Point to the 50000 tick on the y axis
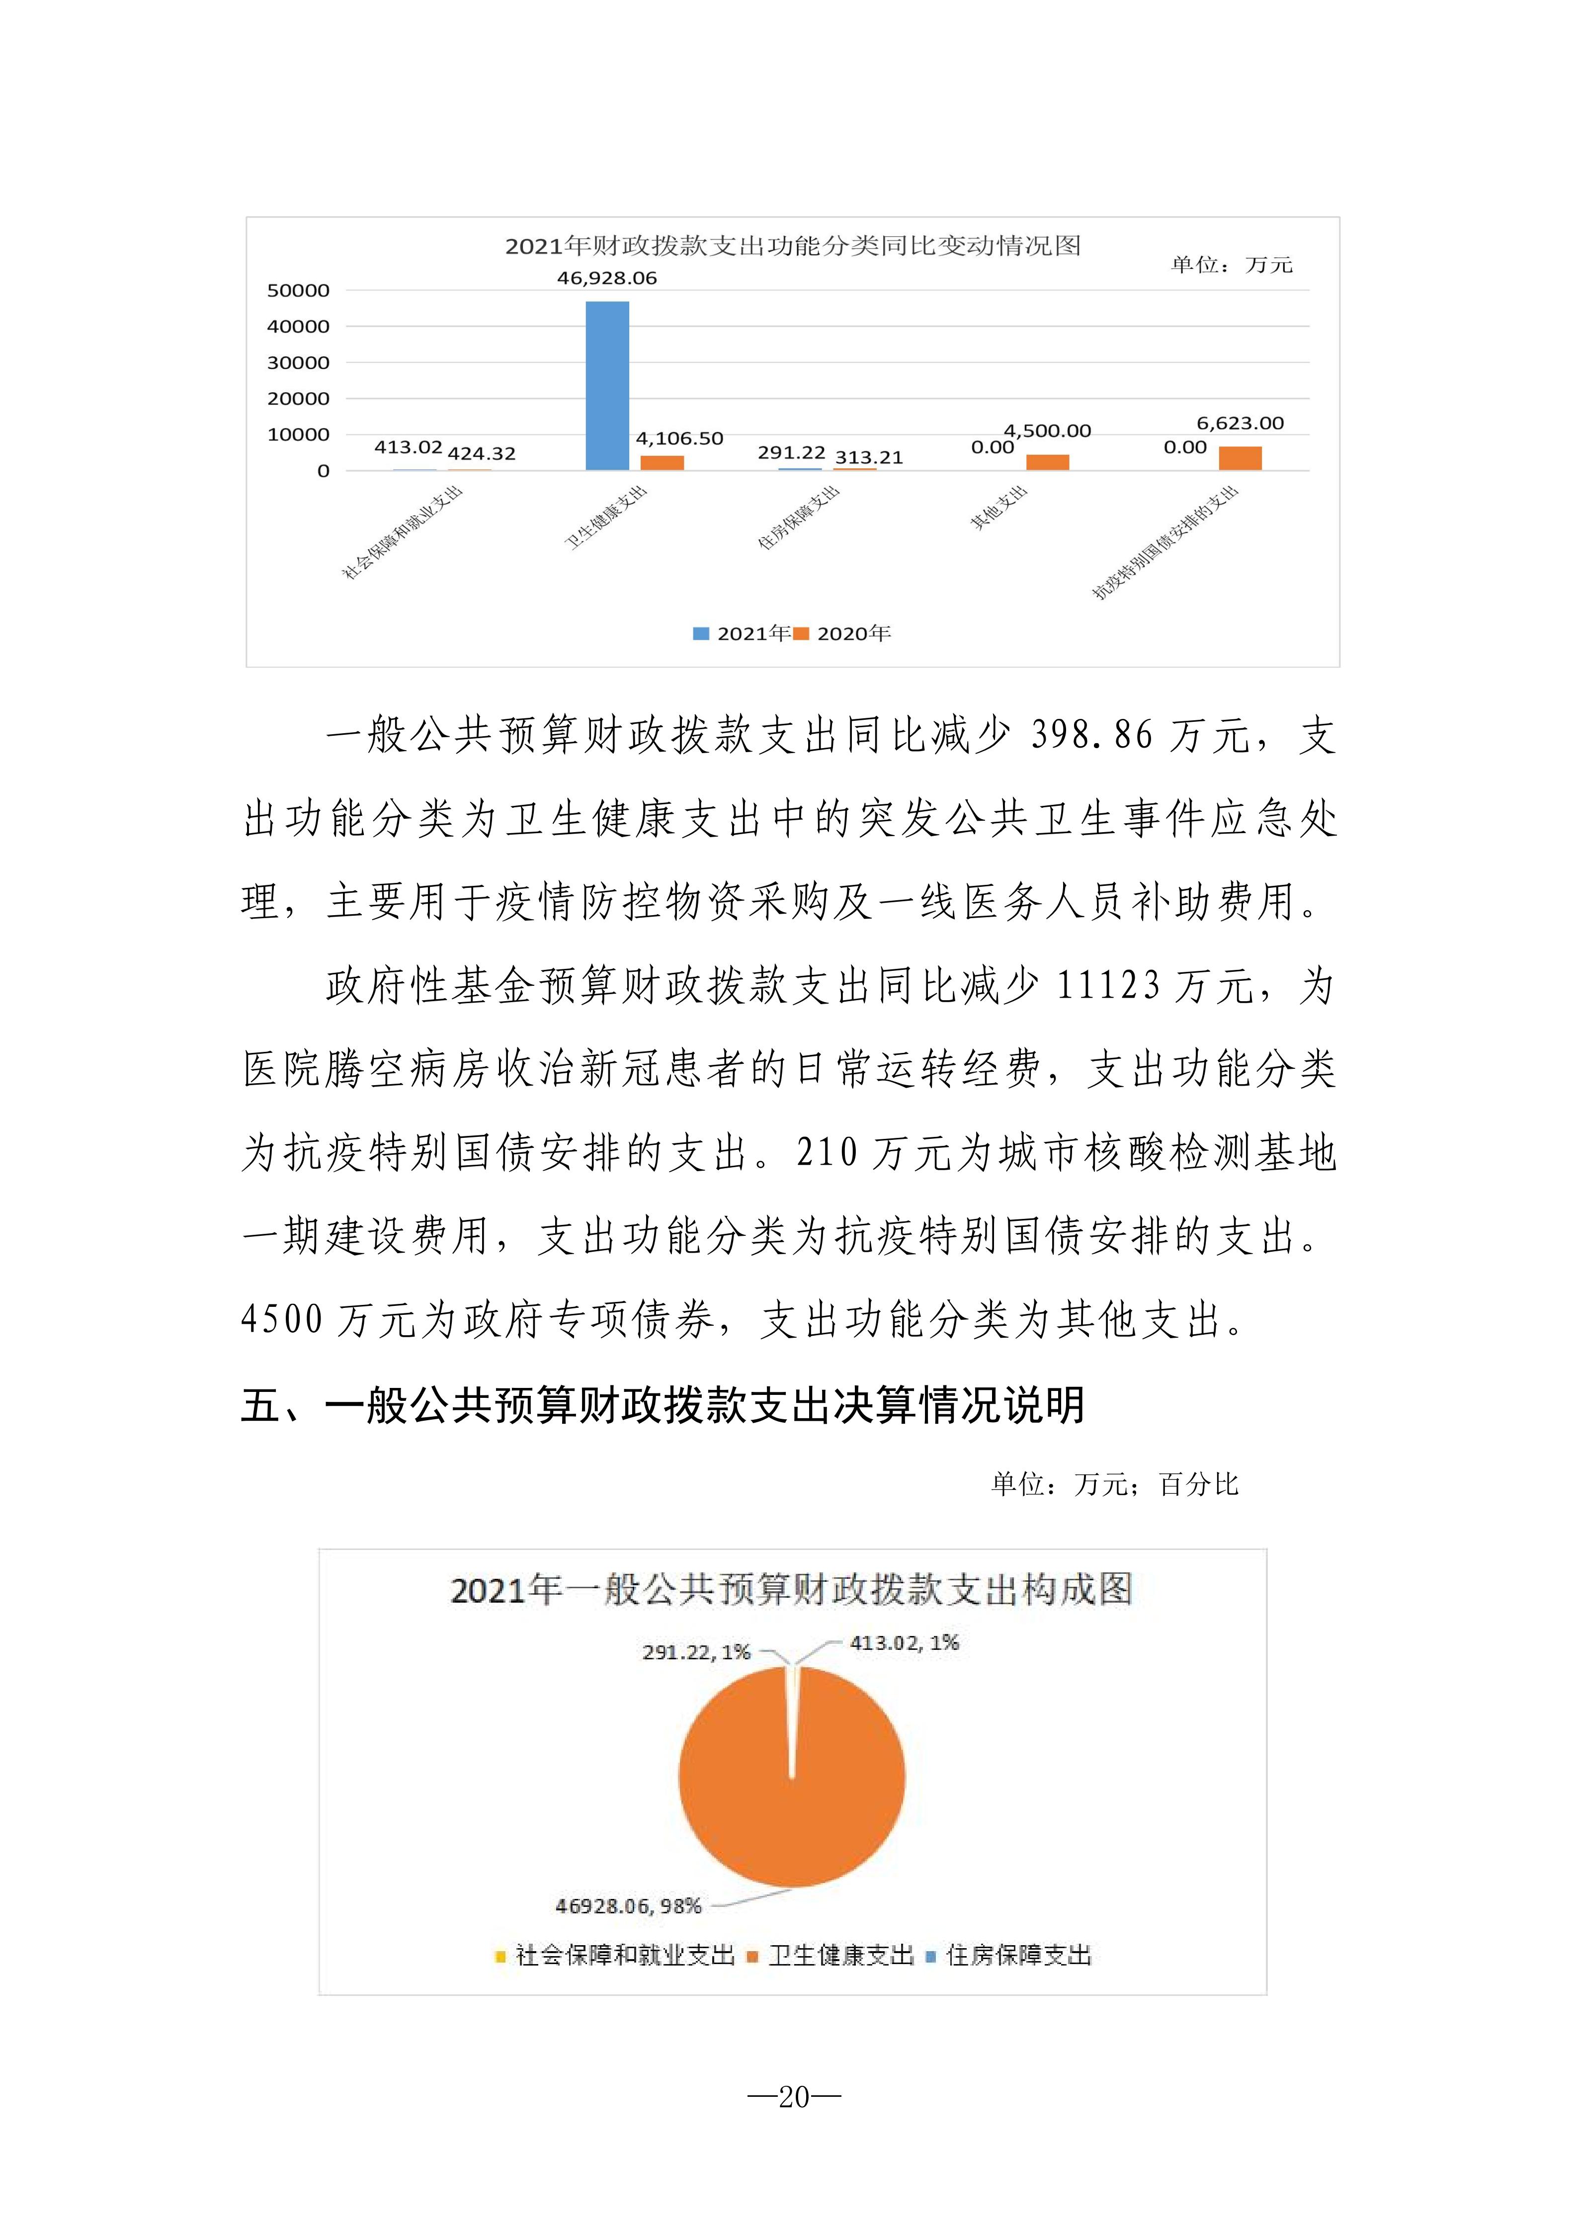click(298, 291)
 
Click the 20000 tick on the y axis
click(298, 399)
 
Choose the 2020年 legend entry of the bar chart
click(843, 634)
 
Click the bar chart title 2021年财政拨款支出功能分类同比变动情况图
click(792, 246)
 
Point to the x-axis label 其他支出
click(999, 509)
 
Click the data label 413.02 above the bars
click(408, 447)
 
